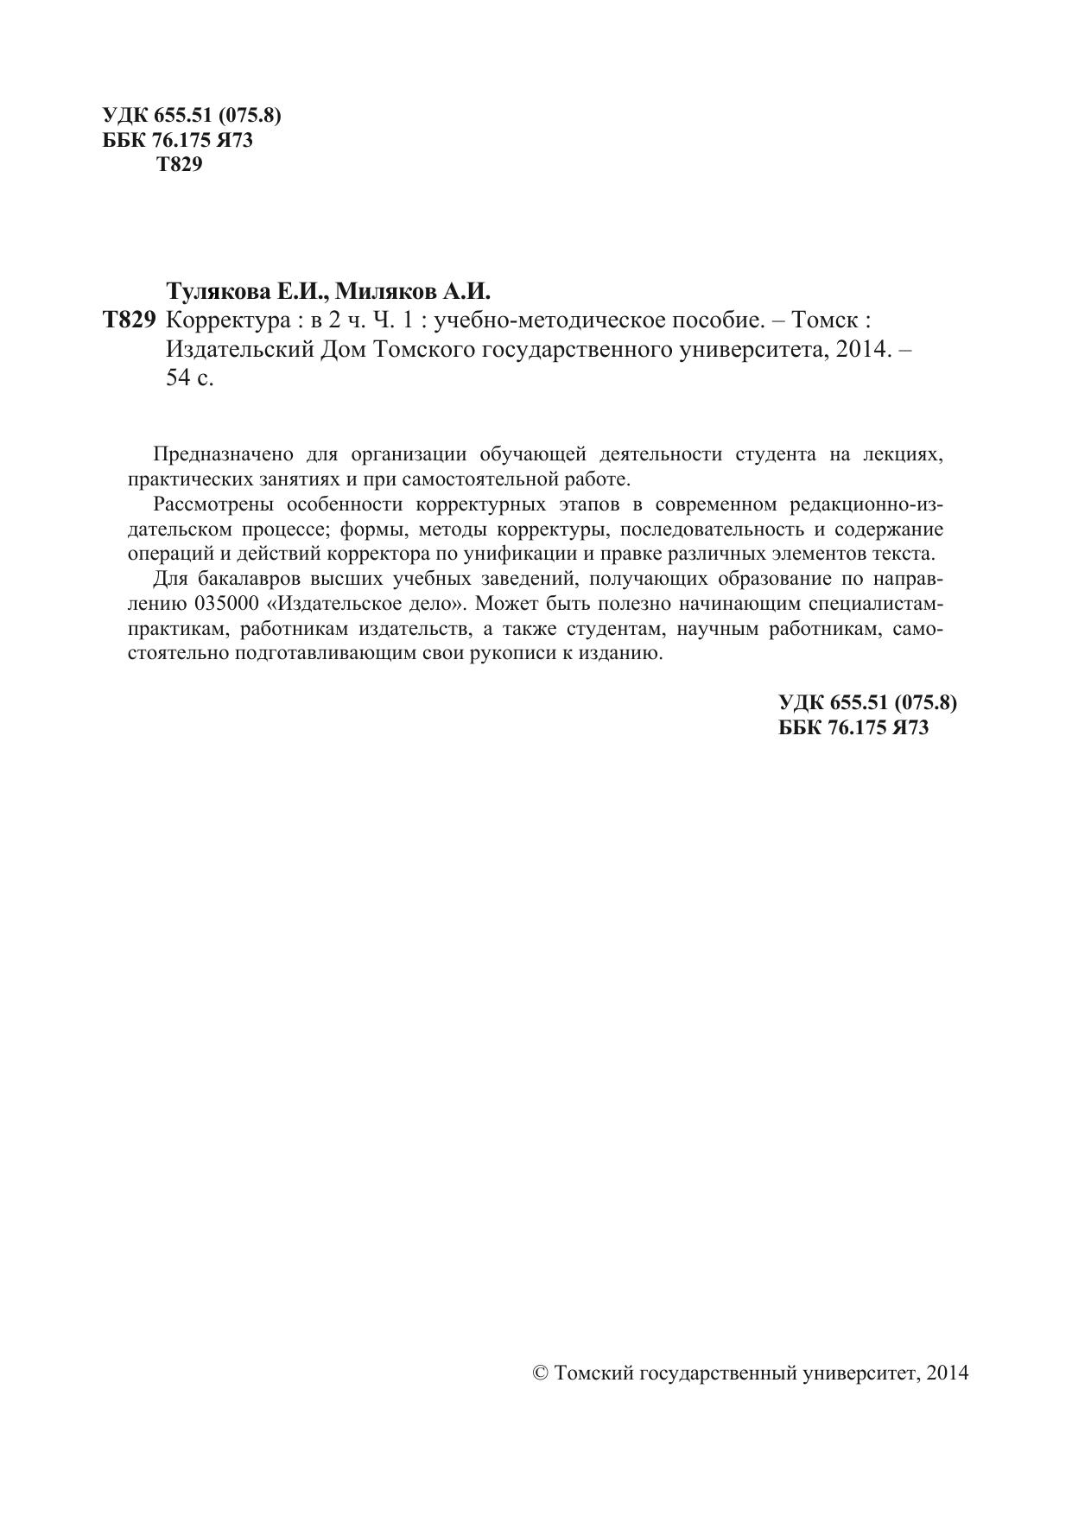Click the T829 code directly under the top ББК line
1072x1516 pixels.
tap(180, 165)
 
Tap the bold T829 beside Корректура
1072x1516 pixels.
tap(129, 321)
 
